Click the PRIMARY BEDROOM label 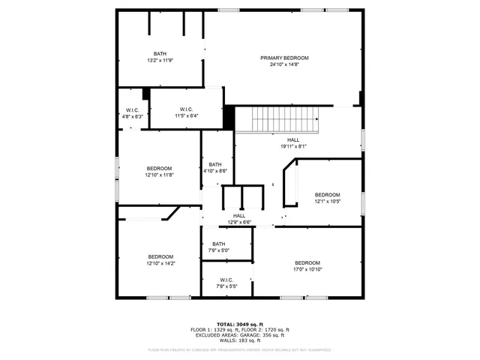(x=284, y=58)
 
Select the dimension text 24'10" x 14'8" (x=284, y=64)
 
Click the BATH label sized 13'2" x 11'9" (x=160, y=53)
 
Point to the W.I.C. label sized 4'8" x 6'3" (x=132, y=110)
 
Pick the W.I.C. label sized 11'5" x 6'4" (x=187, y=109)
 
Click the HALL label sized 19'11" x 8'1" (x=292, y=139)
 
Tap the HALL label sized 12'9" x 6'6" (x=239, y=216)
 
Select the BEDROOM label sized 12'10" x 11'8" (x=159, y=168)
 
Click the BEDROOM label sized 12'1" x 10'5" (x=327, y=194)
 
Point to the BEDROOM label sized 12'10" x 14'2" (x=160, y=256)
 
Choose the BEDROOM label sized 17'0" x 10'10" (x=307, y=262)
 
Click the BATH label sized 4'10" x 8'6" (x=215, y=164)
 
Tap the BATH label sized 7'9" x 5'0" (x=218, y=244)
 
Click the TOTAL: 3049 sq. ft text (x=240, y=323)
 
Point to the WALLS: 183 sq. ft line (x=240, y=340)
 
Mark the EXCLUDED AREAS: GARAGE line (x=240, y=335)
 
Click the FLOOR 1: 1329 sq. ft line (x=214, y=329)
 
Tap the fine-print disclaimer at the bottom (x=240, y=349)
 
